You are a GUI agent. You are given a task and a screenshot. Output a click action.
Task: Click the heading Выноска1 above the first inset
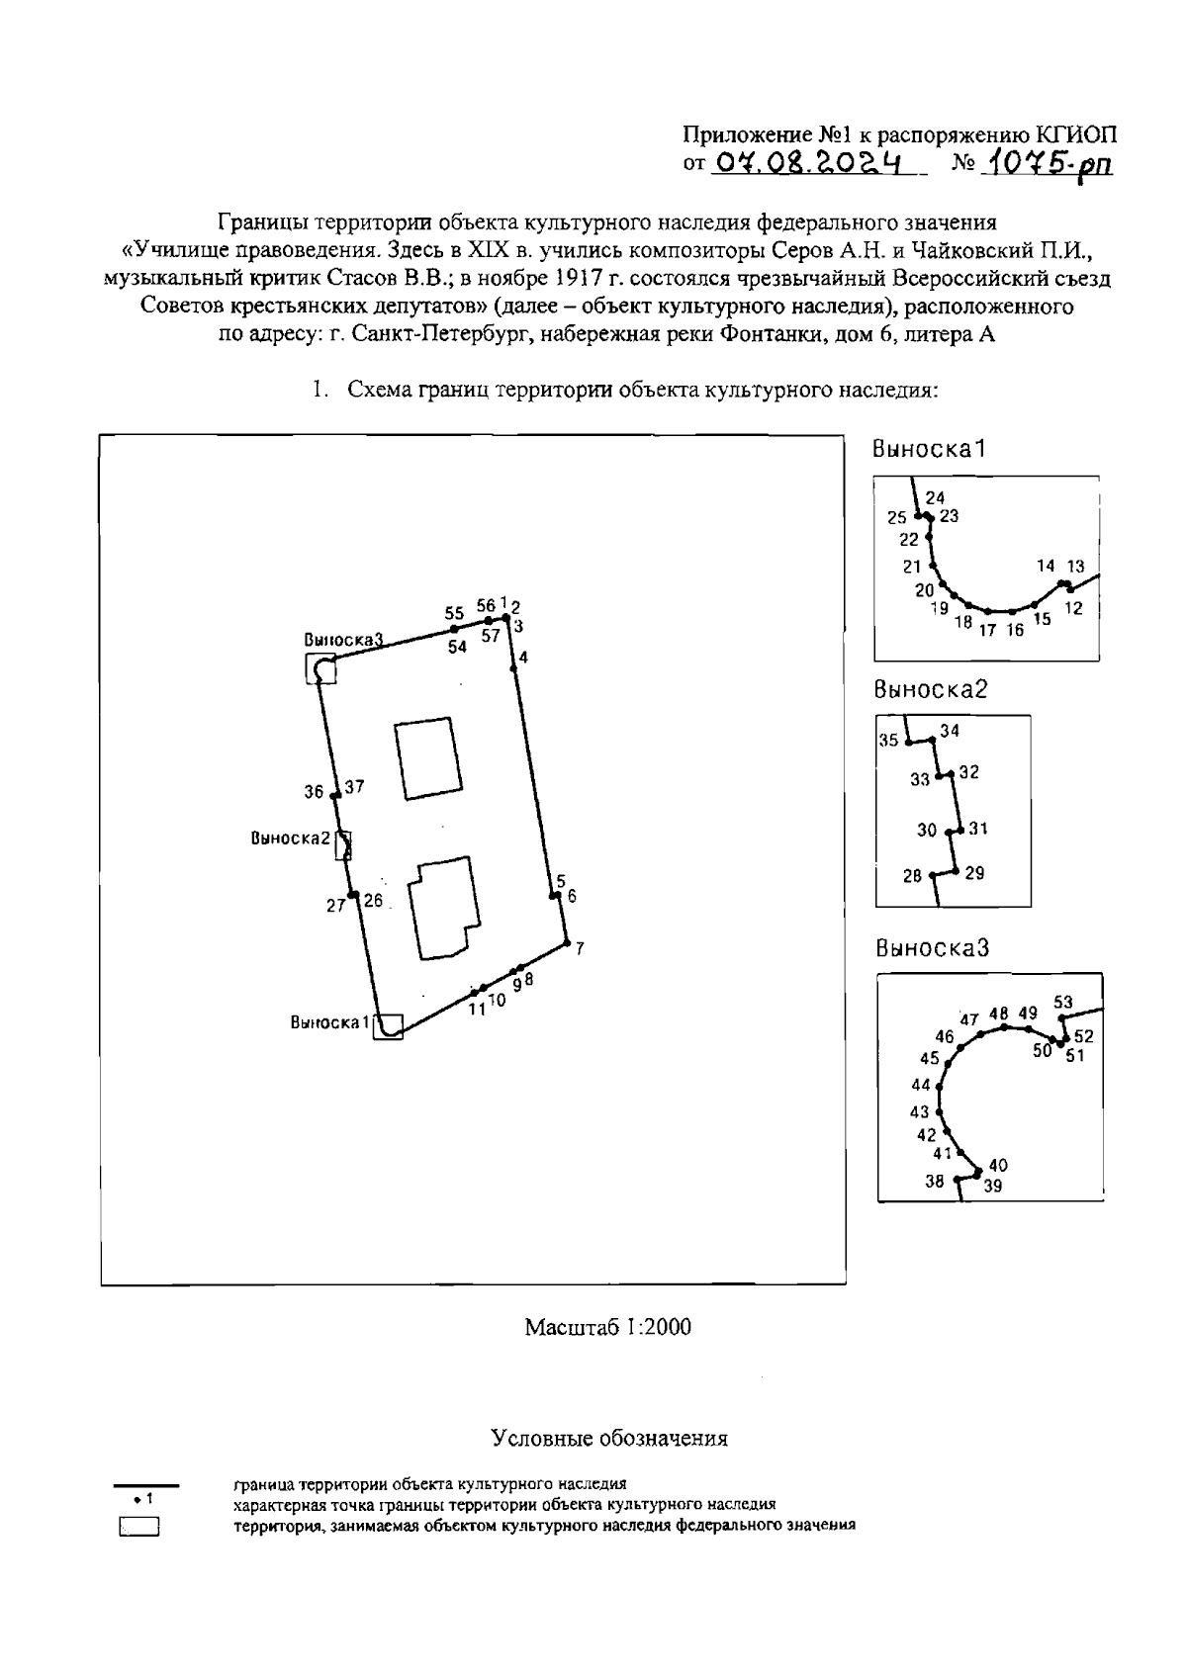click(x=929, y=449)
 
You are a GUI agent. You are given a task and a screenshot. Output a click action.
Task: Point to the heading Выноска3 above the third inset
click(x=932, y=948)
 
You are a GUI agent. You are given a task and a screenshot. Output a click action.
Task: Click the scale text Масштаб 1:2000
click(x=607, y=1327)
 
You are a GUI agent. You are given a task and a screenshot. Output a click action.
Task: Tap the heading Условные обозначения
click(x=609, y=1439)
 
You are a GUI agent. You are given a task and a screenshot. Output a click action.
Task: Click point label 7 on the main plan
click(x=580, y=949)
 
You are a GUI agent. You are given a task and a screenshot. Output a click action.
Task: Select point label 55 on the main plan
click(x=454, y=613)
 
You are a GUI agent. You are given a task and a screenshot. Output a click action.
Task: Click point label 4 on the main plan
click(x=523, y=658)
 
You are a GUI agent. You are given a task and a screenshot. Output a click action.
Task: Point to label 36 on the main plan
click(x=314, y=792)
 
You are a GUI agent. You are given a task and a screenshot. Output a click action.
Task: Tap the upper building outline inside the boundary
click(x=427, y=757)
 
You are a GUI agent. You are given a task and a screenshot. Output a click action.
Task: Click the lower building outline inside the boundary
click(x=443, y=908)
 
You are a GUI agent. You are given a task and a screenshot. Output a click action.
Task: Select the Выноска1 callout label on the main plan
click(x=329, y=1022)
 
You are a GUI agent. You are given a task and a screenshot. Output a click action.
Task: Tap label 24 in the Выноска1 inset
click(x=935, y=498)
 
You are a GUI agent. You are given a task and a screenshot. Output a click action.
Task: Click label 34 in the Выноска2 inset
click(x=950, y=732)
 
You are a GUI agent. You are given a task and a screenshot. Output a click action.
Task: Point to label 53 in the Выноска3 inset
click(x=1062, y=1003)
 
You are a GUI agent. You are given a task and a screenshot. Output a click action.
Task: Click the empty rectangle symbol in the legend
click(x=139, y=1528)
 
